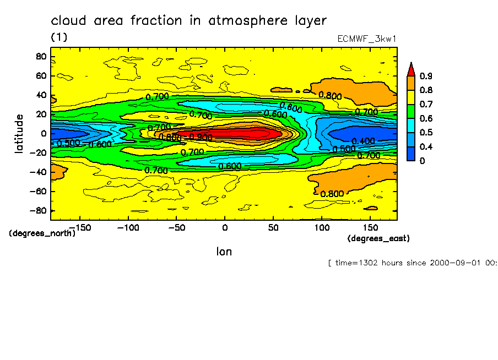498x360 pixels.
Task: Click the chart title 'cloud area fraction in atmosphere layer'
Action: (188, 21)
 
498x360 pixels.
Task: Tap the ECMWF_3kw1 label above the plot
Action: (367, 39)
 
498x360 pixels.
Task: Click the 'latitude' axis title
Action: (19, 134)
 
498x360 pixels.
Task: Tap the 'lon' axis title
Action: (224, 252)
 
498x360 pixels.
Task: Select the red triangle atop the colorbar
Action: (410, 69)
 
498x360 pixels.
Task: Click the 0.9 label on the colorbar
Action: (425, 76)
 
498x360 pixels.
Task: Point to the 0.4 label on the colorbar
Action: (425, 146)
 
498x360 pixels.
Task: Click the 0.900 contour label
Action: (201, 137)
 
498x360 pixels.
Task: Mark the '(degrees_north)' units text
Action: (42, 233)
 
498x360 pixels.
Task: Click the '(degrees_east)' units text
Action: (378, 238)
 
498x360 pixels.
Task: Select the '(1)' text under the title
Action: (59, 37)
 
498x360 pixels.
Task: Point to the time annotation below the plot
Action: (412, 263)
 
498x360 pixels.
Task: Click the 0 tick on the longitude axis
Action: (224, 227)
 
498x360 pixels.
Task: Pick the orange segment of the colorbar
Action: (410, 83)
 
